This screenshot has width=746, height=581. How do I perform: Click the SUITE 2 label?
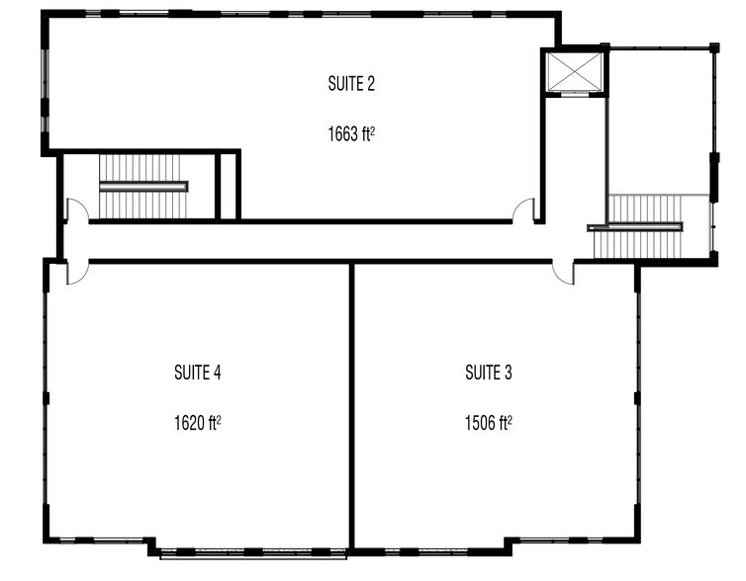coord(350,84)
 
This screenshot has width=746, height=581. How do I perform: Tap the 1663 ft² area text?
coord(350,132)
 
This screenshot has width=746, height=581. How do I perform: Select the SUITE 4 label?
coord(196,373)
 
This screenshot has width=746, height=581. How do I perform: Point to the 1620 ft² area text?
coord(196,423)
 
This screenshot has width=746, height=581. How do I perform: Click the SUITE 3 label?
coord(488,373)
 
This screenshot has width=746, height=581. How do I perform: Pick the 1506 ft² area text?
coord(488,423)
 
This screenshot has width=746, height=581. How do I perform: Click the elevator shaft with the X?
coord(573,72)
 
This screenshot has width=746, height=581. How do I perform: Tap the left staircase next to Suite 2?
coord(142,186)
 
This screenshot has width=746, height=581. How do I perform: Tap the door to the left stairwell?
coord(75,209)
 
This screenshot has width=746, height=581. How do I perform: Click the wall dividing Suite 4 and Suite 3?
coord(351,405)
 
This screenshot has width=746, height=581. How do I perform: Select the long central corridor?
coord(317,241)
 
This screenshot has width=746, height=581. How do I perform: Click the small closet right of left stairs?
coord(229,186)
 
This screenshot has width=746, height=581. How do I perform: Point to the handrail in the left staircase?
coord(142,186)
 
